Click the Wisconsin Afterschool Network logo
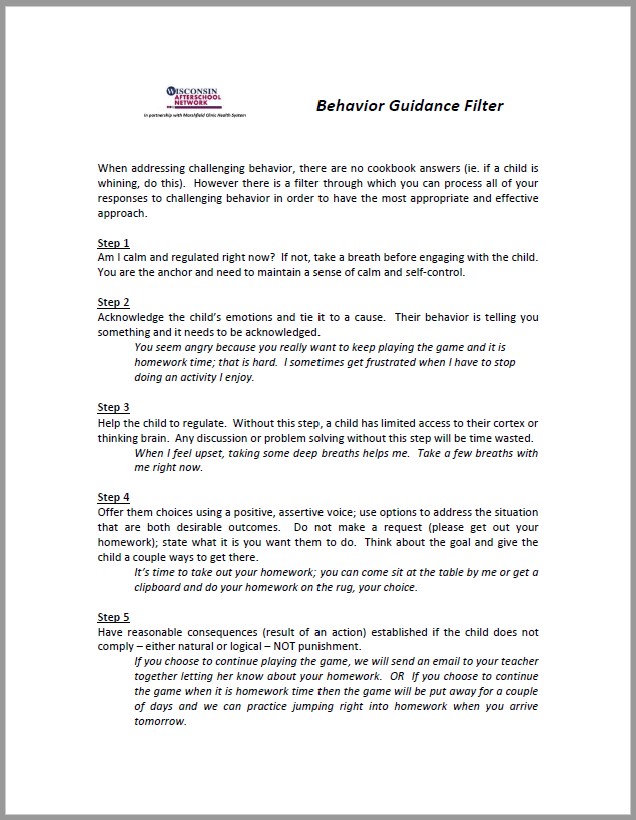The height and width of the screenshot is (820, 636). [196, 97]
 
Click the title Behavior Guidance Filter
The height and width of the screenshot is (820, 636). [410, 105]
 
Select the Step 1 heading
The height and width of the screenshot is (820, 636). [113, 243]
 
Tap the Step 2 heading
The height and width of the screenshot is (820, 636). [113, 302]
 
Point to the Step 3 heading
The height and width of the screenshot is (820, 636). [113, 407]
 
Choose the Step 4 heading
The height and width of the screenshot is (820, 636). [113, 497]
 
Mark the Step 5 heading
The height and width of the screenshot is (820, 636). [113, 617]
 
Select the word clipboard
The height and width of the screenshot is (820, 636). [164, 587]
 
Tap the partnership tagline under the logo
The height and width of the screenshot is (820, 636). [195, 116]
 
